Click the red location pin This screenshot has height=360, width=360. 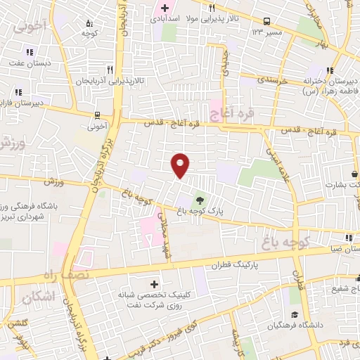(181, 165)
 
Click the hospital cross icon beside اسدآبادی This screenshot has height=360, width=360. (164, 9)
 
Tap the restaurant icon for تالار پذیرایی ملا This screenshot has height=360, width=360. (211, 9)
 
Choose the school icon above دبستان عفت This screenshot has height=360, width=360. (29, 51)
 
